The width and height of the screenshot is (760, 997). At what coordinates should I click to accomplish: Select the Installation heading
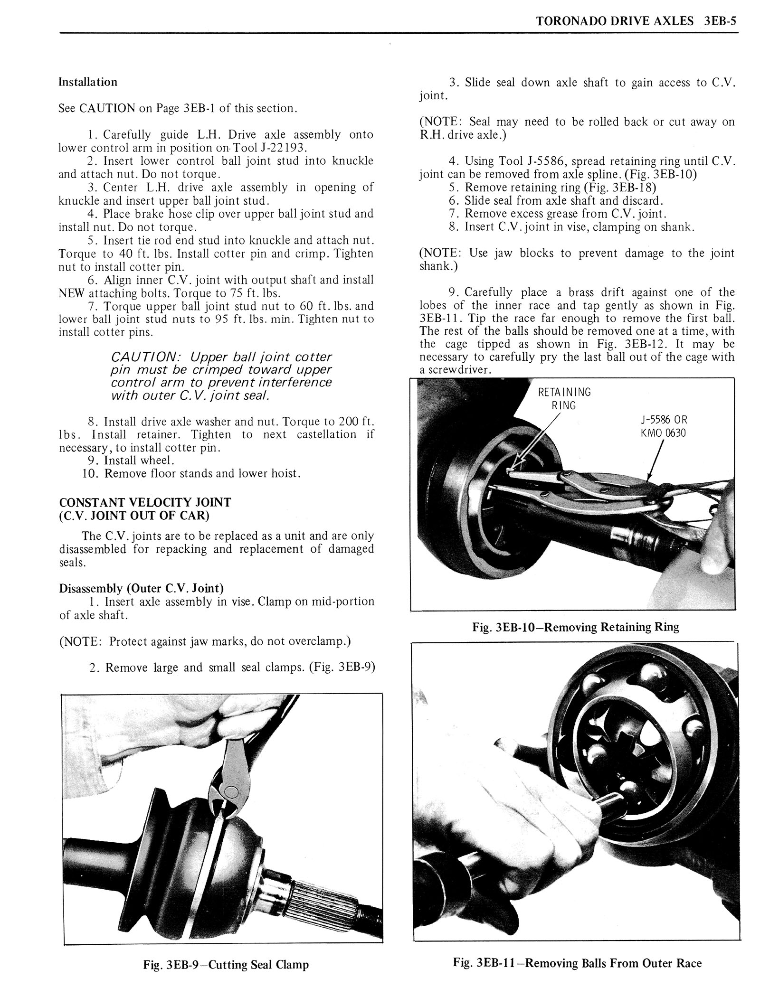(x=88, y=82)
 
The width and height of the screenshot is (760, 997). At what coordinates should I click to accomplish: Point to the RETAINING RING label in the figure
(x=564, y=399)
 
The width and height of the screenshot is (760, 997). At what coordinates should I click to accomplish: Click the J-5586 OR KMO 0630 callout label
(x=663, y=426)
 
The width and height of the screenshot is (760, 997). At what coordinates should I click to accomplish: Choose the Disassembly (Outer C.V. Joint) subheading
(x=141, y=588)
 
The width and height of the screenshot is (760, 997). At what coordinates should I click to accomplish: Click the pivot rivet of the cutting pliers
(x=231, y=792)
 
